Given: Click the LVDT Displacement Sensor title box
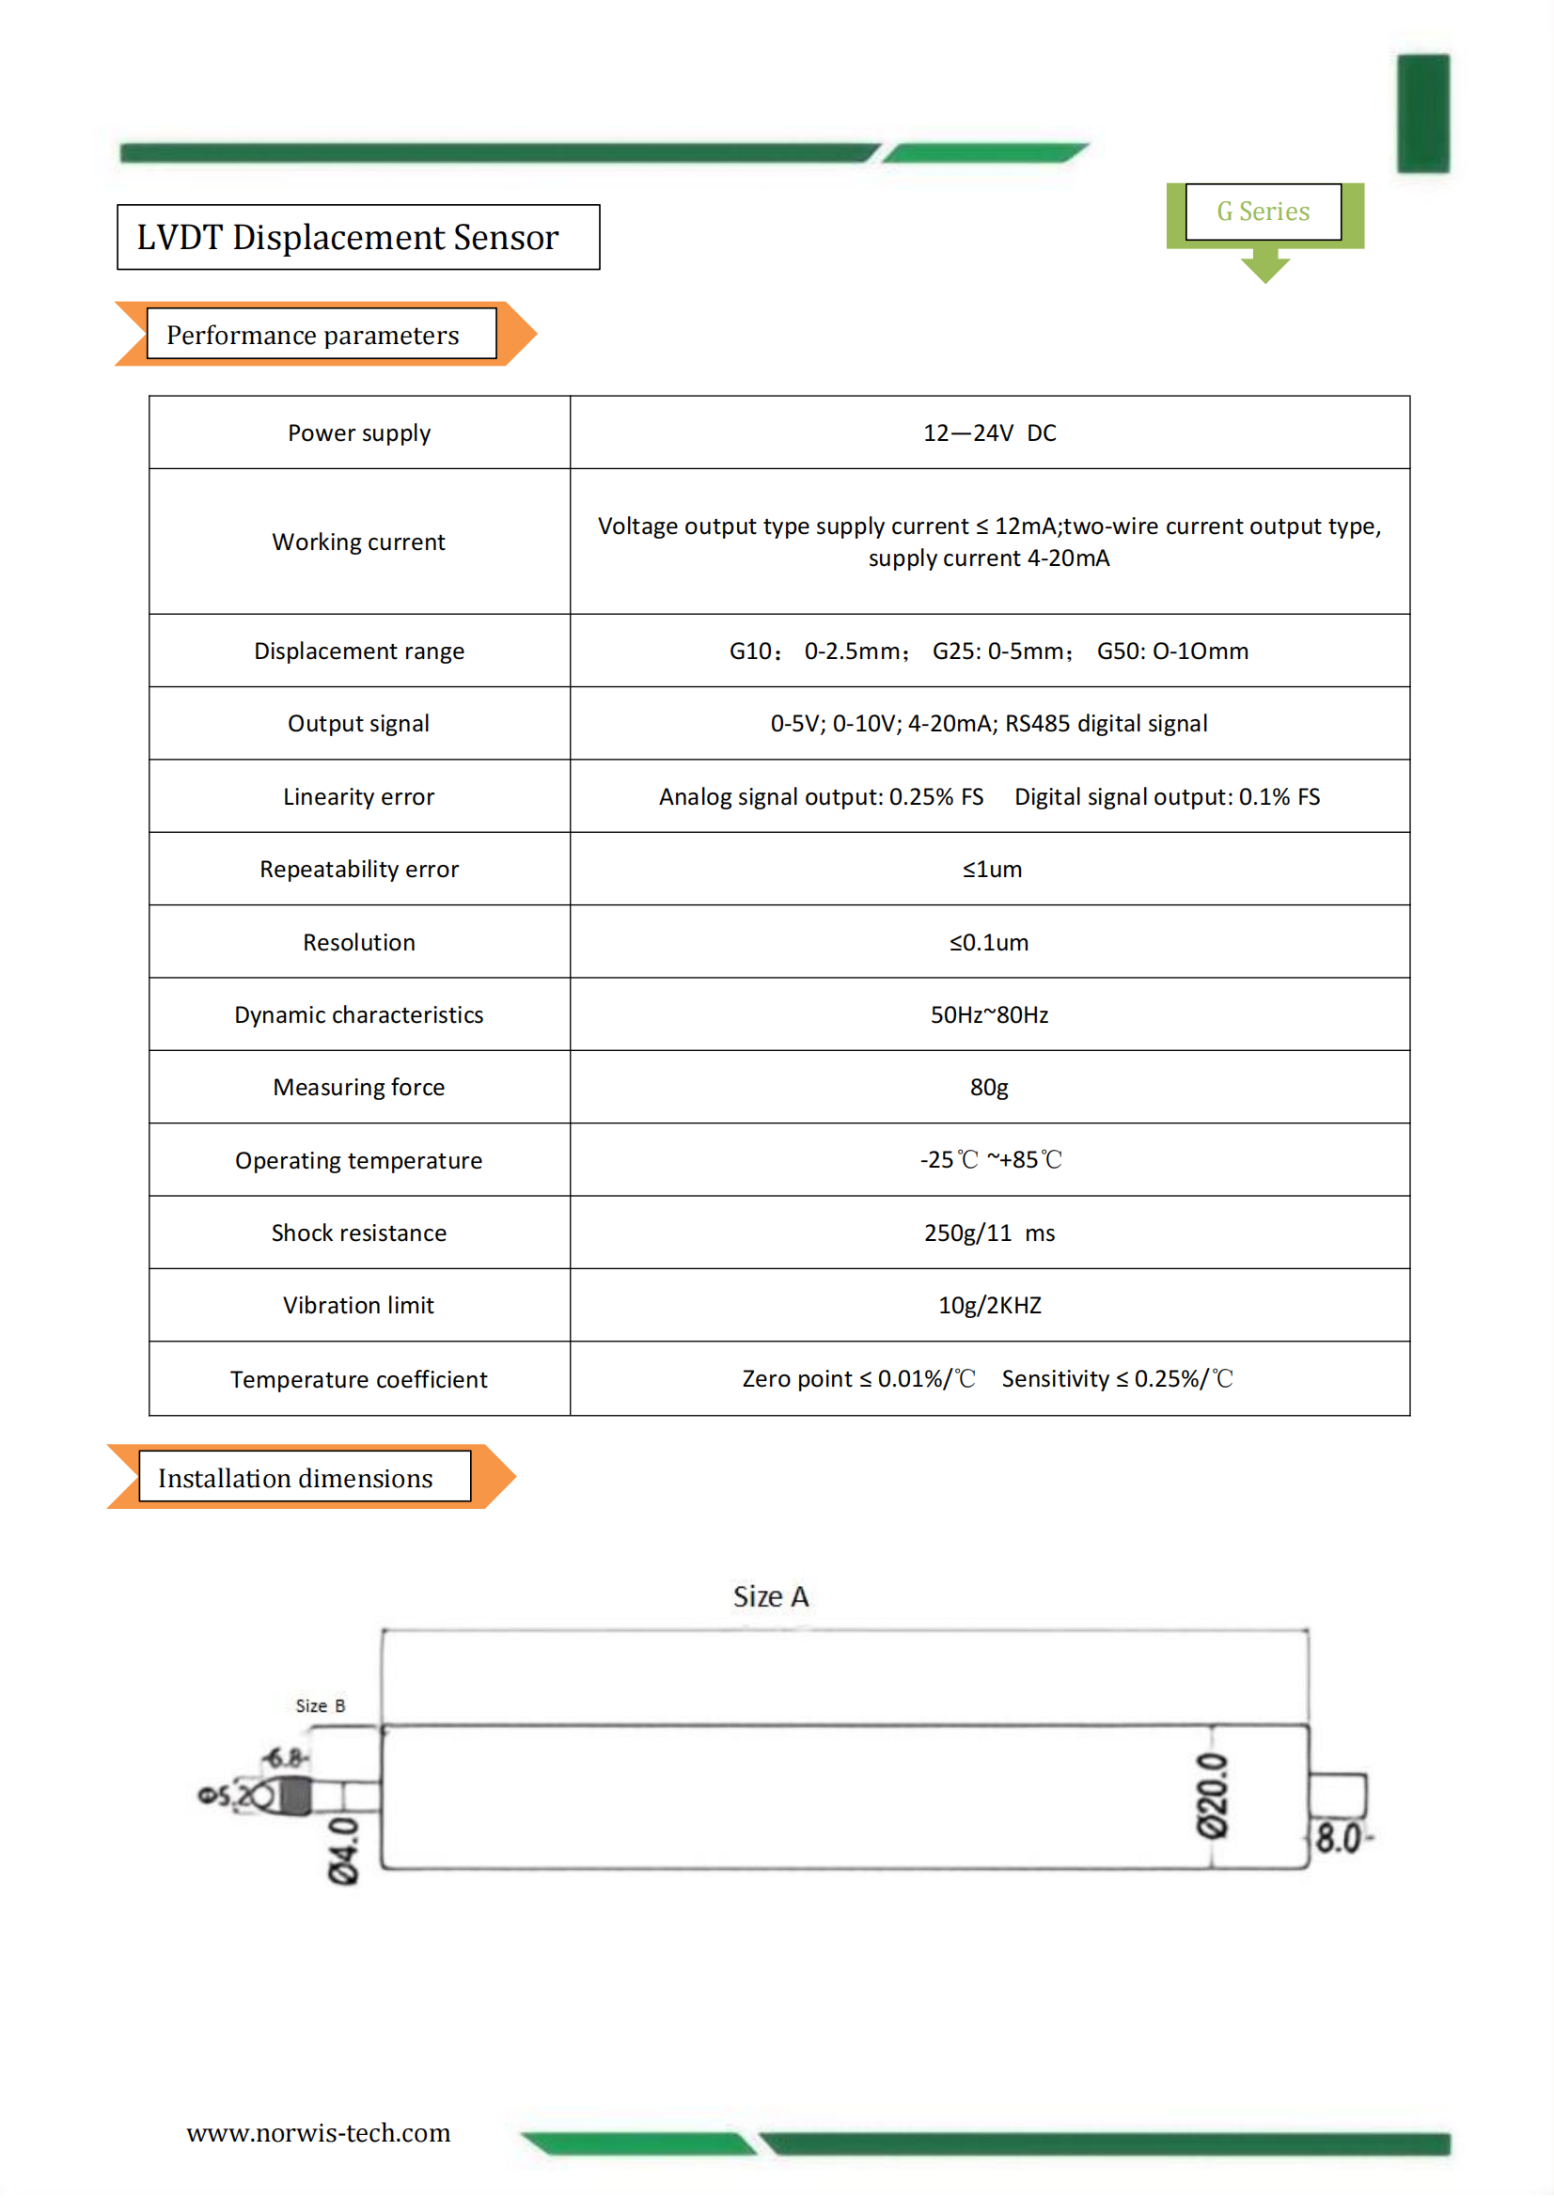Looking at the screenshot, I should (357, 238).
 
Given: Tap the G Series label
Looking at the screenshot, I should (1262, 212).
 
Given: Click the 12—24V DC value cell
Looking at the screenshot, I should (989, 432).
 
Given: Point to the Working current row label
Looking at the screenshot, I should (358, 542).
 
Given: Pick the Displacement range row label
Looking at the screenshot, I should (358, 651).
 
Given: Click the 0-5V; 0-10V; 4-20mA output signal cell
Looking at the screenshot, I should (988, 724).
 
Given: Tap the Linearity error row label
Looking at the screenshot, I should (358, 796).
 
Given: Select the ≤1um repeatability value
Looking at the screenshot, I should (991, 870).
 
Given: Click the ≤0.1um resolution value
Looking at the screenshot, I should (988, 942).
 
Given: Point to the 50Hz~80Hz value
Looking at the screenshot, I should (988, 1014).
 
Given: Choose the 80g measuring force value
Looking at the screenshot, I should (988, 1088).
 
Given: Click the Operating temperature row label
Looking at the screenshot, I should (358, 1160).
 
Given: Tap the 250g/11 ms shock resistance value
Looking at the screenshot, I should (988, 1233).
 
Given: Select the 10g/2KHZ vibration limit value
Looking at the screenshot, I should (988, 1306).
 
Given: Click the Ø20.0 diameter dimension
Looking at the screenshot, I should (1212, 1796).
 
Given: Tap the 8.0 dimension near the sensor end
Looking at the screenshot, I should (1339, 1838).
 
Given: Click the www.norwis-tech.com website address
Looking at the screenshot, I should (318, 2133).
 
